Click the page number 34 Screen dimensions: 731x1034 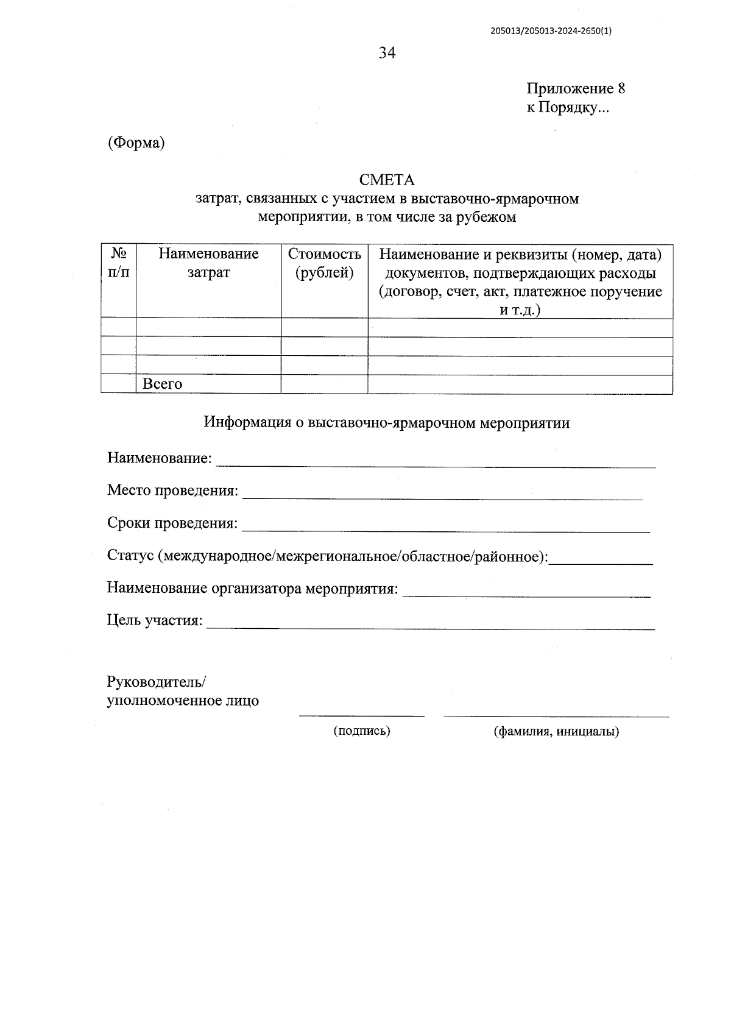(x=387, y=54)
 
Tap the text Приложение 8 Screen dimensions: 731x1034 (x=576, y=89)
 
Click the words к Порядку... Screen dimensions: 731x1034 (x=567, y=108)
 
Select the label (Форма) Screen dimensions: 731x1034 (x=136, y=143)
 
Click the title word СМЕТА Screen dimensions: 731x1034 (x=387, y=180)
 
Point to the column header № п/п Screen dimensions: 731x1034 (x=119, y=263)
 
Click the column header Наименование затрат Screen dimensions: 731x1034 (x=208, y=263)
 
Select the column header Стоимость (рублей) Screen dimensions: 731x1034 (x=324, y=263)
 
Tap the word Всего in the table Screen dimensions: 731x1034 (x=162, y=384)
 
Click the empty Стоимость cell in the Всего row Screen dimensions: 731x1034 (x=324, y=384)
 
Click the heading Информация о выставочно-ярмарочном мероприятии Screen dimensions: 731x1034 (x=387, y=423)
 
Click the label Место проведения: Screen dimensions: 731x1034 (x=172, y=490)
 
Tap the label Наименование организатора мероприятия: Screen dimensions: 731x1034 (x=252, y=589)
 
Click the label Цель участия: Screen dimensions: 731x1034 (x=155, y=621)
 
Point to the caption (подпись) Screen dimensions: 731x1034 (x=362, y=731)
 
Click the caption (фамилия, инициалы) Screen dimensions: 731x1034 (x=556, y=732)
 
